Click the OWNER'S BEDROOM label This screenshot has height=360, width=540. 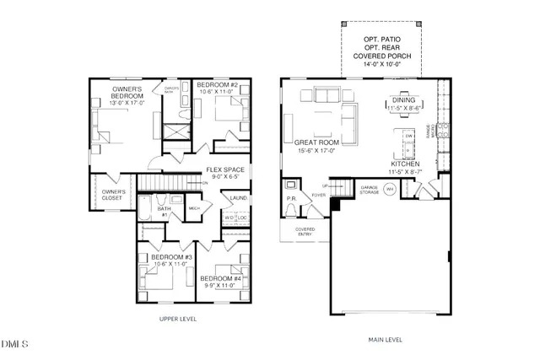127,92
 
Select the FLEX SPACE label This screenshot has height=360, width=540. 225,170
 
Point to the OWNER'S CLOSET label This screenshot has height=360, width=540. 113,196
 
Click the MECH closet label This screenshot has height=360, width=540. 193,207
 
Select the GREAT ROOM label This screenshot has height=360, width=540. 316,143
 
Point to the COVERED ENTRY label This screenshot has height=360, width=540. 305,231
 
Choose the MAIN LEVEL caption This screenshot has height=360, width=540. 386,340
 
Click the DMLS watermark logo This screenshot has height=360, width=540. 14,344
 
